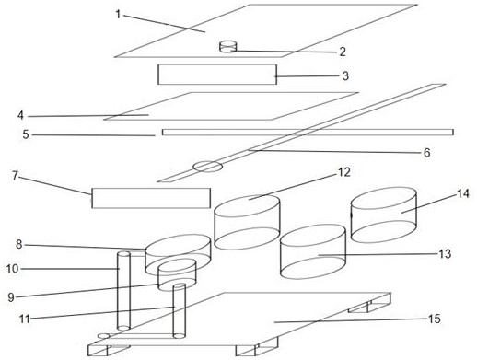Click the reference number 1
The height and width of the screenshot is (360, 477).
tap(118, 14)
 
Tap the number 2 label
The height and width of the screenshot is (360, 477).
tap(343, 52)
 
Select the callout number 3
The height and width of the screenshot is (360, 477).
tap(345, 75)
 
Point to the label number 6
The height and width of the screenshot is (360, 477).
tap(427, 153)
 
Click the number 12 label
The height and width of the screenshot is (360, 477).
tap(344, 172)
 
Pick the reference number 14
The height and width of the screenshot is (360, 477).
tap(463, 193)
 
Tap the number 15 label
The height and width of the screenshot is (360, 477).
tap(435, 319)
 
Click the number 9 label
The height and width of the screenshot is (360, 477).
tap(11, 297)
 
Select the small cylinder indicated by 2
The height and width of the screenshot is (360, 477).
tap(228, 47)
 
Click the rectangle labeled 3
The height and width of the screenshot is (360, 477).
tap(217, 75)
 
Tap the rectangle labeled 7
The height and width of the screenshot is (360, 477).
tap(151, 198)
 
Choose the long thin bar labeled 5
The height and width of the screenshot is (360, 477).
tap(308, 133)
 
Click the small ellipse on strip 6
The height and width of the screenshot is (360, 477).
tap(207, 167)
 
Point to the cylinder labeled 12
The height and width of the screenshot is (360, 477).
tap(247, 222)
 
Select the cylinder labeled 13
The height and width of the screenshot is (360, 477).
tap(313, 251)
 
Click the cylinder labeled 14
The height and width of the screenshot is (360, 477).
tap(384, 215)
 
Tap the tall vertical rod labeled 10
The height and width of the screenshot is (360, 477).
tap(123, 291)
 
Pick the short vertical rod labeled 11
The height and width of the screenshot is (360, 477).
tap(180, 310)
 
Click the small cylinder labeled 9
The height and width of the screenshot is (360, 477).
tap(177, 275)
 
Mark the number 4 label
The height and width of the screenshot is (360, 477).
tap(20, 116)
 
